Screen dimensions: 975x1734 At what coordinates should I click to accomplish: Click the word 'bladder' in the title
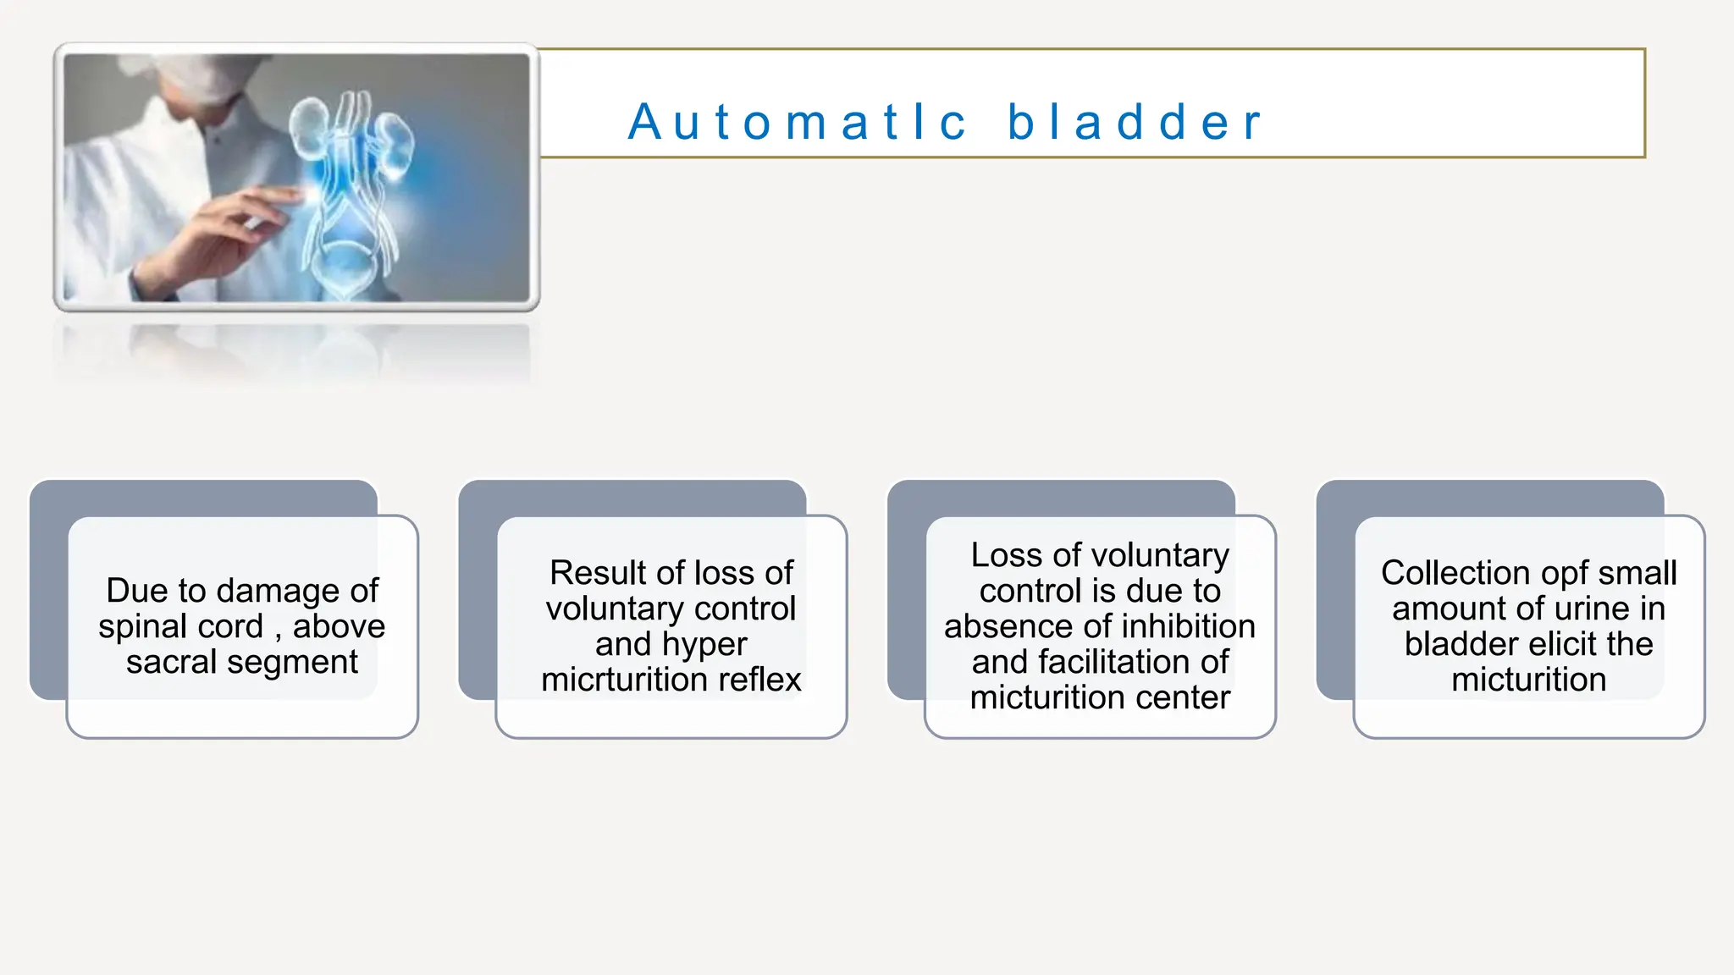(1135, 122)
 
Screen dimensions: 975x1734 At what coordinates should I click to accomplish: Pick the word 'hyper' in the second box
(707, 644)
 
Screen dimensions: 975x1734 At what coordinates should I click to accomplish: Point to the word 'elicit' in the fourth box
(1559, 644)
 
